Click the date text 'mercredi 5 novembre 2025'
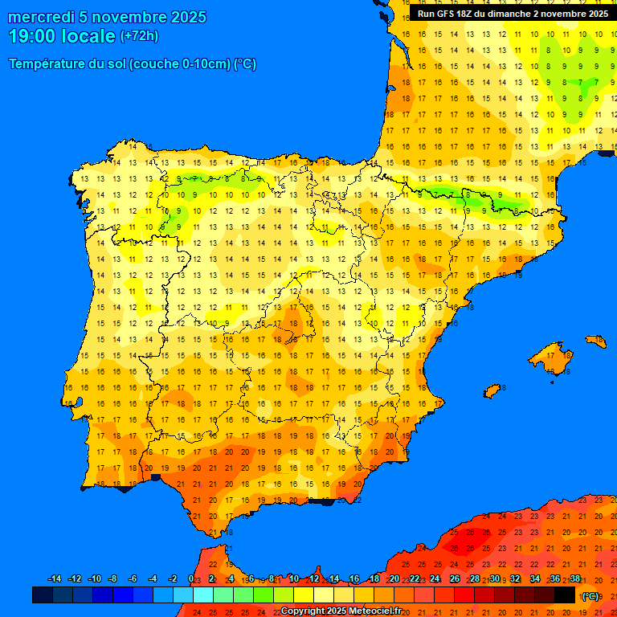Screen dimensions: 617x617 [x=107, y=18]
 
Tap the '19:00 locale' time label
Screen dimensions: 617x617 [x=62, y=36]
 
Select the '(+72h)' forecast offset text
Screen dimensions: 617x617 [x=139, y=36]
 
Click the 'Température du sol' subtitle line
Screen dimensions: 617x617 [x=133, y=64]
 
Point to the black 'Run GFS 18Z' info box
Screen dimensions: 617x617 [x=513, y=14]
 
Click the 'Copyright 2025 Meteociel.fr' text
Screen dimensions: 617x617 [x=341, y=611]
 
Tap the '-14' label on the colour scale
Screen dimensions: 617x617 [x=55, y=579]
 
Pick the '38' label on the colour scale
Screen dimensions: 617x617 [x=574, y=579]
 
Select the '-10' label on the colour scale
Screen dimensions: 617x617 [x=94, y=579]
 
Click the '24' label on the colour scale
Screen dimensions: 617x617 [x=435, y=579]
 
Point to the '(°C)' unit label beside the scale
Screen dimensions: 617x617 [x=590, y=596]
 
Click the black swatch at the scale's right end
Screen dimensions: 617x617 [x=565, y=595]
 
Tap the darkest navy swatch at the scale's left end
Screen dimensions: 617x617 [x=43, y=595]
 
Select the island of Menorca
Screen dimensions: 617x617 [x=595, y=341]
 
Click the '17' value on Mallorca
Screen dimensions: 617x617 [x=551, y=355]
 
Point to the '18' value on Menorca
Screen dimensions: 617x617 [x=599, y=341]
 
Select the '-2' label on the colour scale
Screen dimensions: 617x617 [x=173, y=579]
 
